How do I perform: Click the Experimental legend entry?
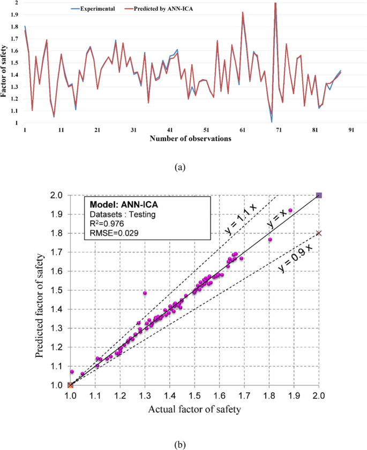click(97, 10)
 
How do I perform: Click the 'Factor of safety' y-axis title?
click(4, 63)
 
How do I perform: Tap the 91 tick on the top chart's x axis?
click(351, 130)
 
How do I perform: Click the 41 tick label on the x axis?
click(170, 130)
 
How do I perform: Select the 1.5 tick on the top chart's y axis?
click(15, 63)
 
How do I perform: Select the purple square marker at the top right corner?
click(319, 195)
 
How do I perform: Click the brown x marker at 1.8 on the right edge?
click(319, 233)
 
